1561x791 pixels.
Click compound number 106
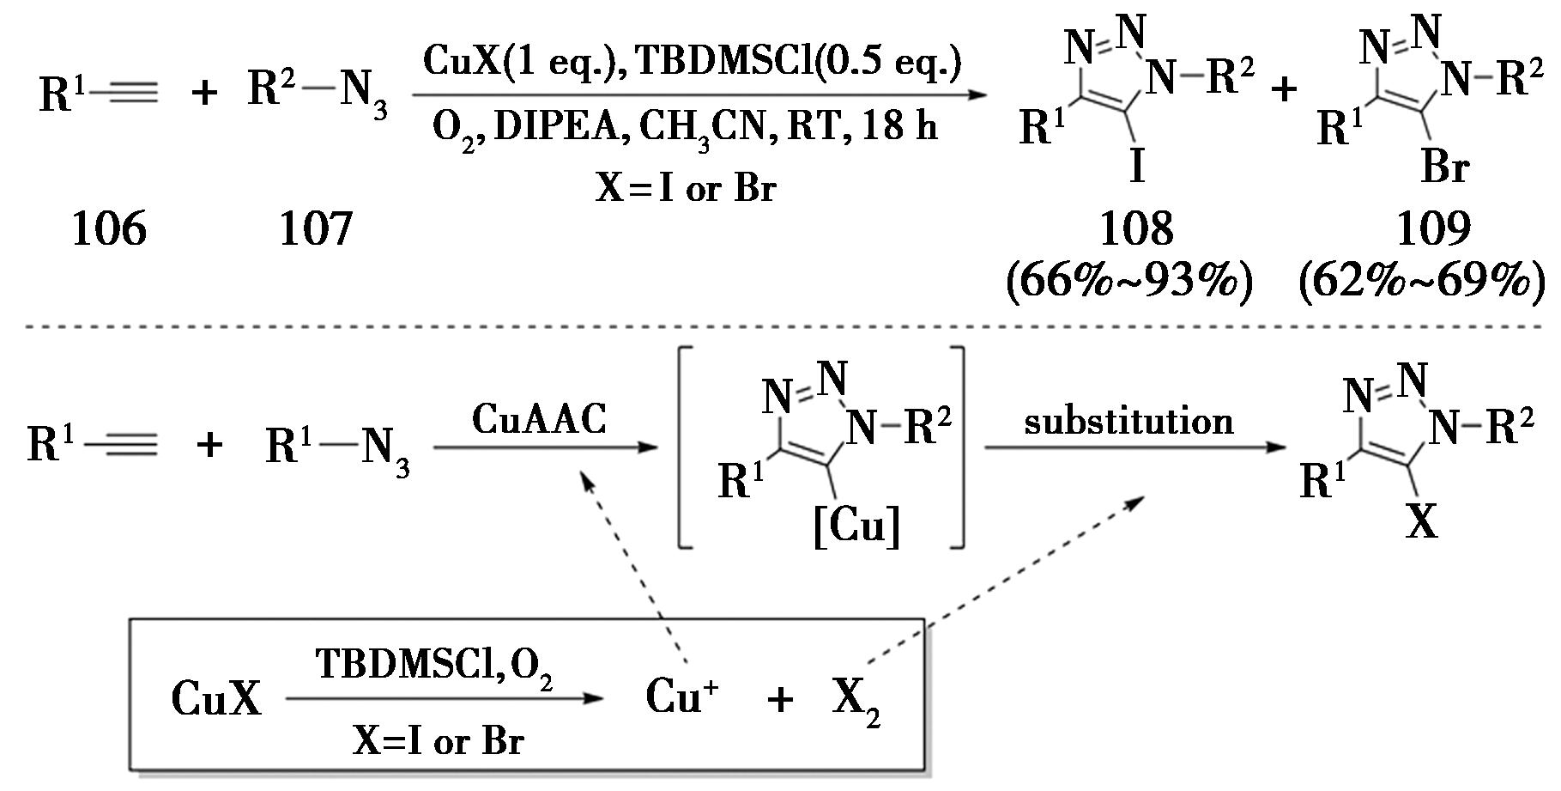coord(109,229)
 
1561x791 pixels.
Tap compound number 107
coord(316,229)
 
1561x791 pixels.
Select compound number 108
coord(1136,229)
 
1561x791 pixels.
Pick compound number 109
coord(1433,229)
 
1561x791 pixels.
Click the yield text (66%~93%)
coord(1129,281)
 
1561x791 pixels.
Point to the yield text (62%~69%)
coord(1424,281)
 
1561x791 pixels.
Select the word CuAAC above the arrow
coord(539,420)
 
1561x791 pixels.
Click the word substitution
coord(1128,422)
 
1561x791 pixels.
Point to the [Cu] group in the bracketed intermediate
coord(856,526)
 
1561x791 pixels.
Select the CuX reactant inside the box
coord(215,697)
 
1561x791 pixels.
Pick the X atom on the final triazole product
coord(1421,520)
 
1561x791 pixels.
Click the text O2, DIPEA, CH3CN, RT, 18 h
coord(684,127)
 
